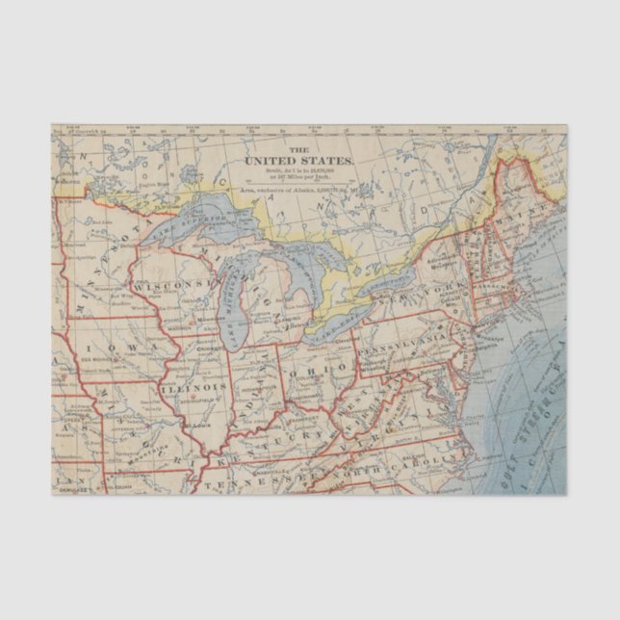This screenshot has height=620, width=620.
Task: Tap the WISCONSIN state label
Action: pyautogui.click(x=172, y=286)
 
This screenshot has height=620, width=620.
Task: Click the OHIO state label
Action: pyautogui.click(x=321, y=369)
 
